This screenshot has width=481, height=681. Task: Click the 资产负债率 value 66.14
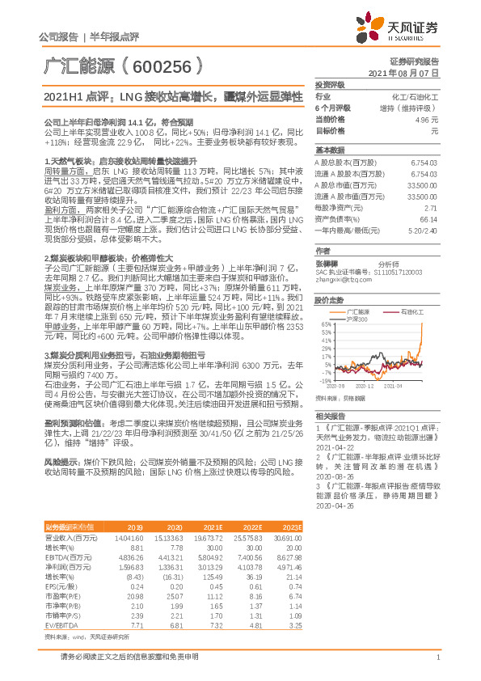pyautogui.click(x=428, y=218)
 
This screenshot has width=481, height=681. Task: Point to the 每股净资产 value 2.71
pyautogui.click(x=430, y=207)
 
